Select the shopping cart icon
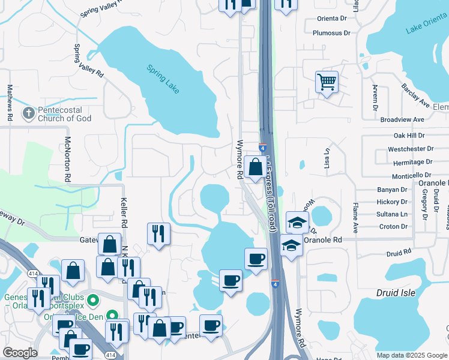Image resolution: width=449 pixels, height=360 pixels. pos(327,82)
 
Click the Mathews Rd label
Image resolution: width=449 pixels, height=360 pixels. pos(10,100)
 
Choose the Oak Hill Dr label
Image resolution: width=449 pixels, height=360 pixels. pos(409,136)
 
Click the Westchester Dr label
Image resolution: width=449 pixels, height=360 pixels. pos(411,149)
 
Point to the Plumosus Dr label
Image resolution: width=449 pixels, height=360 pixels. pos(331,33)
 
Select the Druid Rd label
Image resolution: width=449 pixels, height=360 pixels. pos(399,252)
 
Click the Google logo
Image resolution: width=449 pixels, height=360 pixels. pos(20,353)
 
